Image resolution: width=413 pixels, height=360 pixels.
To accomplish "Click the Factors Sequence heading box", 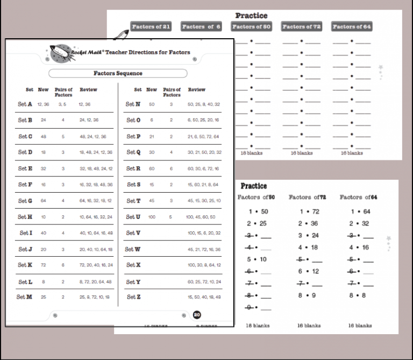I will (118, 73).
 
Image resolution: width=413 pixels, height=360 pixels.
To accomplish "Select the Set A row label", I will (25, 104).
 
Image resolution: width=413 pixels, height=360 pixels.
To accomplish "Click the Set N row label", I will (133, 104).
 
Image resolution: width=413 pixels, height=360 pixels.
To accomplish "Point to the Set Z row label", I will (133, 297).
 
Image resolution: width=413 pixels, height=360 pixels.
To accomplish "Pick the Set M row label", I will (24, 297).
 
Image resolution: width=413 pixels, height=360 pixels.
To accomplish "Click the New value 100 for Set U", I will (152, 217).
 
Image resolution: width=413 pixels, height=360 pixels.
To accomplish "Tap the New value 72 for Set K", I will (44, 265).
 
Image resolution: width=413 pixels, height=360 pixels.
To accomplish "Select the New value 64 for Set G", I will (44, 201).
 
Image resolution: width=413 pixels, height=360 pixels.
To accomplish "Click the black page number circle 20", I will (197, 315).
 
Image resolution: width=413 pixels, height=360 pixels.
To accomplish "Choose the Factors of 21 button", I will (151, 26).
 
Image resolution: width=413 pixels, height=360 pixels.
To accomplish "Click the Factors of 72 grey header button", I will (301, 26).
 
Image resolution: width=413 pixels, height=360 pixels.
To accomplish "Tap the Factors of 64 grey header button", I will (352, 26).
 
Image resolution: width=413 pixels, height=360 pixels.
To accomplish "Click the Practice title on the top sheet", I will (251, 16).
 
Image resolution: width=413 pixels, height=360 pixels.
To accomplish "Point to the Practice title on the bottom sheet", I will (254, 186).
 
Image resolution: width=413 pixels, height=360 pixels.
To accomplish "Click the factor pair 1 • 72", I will (309, 211).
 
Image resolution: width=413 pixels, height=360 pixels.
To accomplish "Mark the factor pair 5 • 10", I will (257, 259).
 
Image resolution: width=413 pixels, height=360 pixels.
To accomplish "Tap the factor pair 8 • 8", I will (359, 295).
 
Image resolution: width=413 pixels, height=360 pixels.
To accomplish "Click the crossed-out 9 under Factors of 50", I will (250, 308).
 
